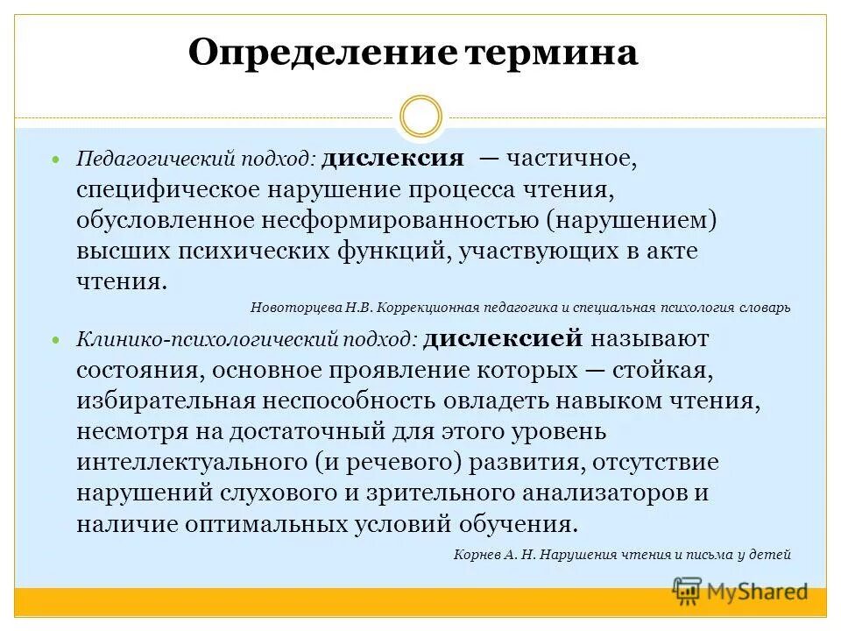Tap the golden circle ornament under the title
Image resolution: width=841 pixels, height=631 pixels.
coord(420,117)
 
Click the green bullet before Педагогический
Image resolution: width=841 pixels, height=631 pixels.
coord(57,162)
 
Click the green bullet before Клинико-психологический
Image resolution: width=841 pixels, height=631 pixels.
coord(57,339)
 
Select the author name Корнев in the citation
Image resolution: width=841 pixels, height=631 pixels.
coord(478,554)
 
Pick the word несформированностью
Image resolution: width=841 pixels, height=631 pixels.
coord(399,221)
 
